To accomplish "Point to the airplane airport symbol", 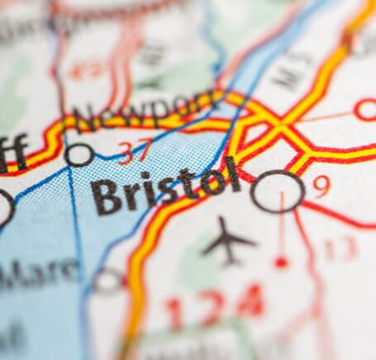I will tap(227, 239).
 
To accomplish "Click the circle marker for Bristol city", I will tap(277, 192).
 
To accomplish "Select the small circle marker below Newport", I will tap(80, 154).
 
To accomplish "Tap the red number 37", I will tap(134, 152).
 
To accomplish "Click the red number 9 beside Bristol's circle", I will tap(322, 186).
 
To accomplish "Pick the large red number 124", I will tap(214, 307).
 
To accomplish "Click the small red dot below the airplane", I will tap(282, 262).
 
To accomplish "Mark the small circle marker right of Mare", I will tap(108, 281).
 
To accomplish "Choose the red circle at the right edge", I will tap(365, 109).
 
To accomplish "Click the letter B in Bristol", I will tap(104, 197).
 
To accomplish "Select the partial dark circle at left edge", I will tap(4, 207).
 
